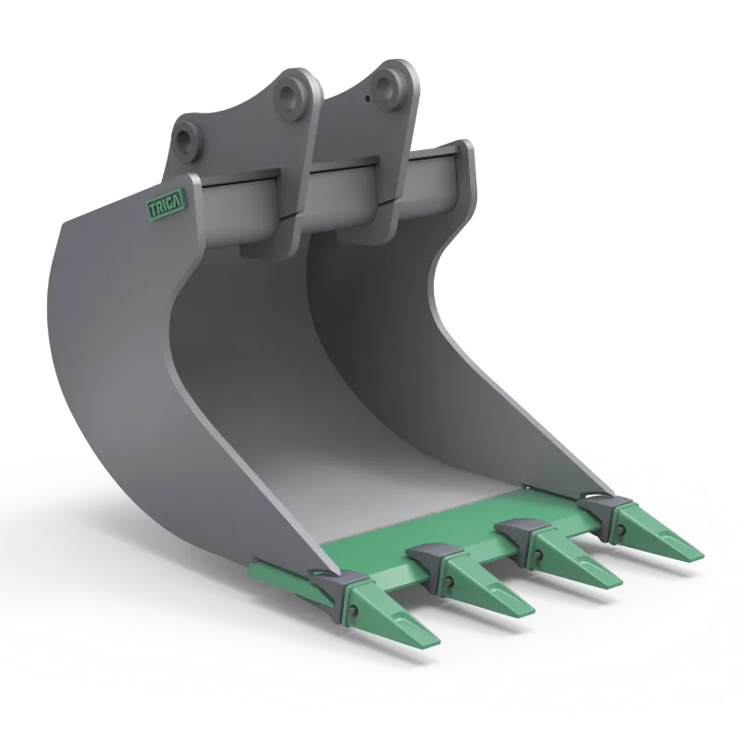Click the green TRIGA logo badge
pyautogui.click(x=167, y=205)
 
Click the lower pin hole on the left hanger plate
pyautogui.click(x=188, y=140)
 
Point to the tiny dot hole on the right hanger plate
pyautogui.click(x=368, y=99)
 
